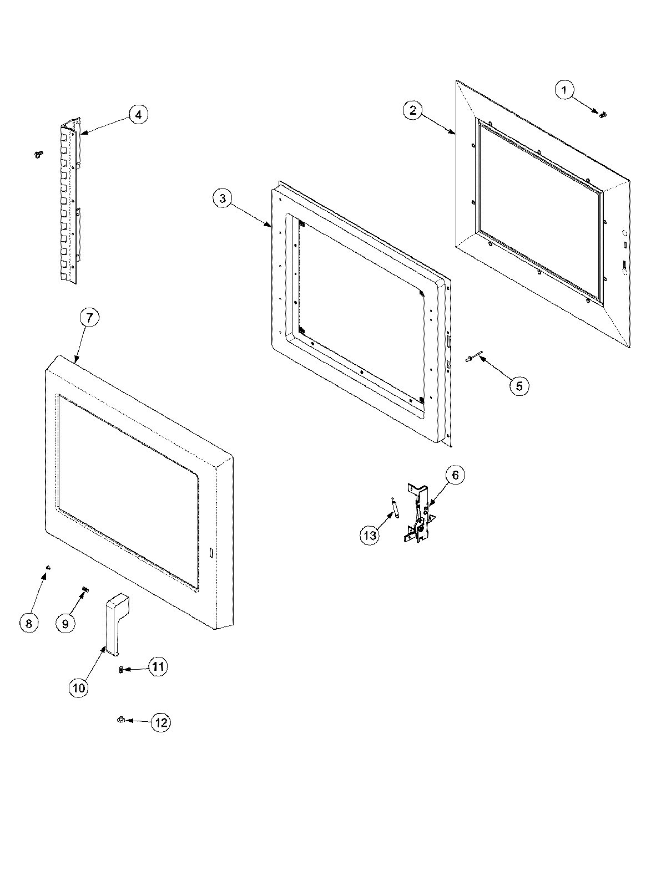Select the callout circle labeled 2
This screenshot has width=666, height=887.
coord(413,110)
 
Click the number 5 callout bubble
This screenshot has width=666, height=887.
coord(519,385)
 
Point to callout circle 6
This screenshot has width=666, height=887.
coord(455,475)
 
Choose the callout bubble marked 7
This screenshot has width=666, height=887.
coord(90,318)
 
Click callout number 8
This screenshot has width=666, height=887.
coord(29,623)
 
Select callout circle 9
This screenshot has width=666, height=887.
coord(65,623)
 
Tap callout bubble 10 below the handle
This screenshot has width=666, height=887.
coord(79,688)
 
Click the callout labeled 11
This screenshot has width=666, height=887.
coord(158,666)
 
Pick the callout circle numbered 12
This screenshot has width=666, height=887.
coord(161,722)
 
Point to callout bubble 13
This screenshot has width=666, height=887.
coord(370,536)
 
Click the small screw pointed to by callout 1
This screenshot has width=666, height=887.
coord(602,114)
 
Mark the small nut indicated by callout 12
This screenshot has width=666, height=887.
coord(120,720)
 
